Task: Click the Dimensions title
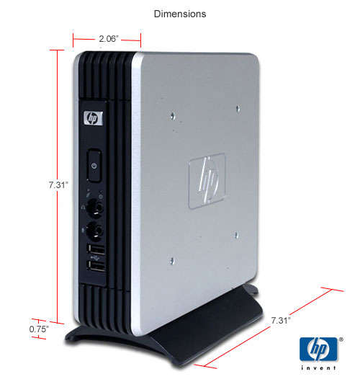pos(180,14)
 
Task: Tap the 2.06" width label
pos(109,38)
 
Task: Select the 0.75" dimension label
pos(39,329)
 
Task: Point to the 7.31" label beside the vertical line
pos(58,185)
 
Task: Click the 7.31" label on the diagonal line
pos(281,321)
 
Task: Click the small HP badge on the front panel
pos(93,118)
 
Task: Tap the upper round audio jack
pos(95,208)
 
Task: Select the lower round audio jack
pos(95,231)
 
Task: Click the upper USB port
pos(96,249)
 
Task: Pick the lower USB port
pos(96,266)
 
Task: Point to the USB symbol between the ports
pos(95,258)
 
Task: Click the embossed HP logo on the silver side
pos(207,181)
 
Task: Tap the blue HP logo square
pos(318,349)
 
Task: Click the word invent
pos(318,368)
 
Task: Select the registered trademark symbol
pos(341,339)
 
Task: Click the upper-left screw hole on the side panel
pos(173,116)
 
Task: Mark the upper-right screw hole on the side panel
pos(238,108)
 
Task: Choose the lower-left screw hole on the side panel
pos(172,261)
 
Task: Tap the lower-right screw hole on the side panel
pos(236,235)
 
